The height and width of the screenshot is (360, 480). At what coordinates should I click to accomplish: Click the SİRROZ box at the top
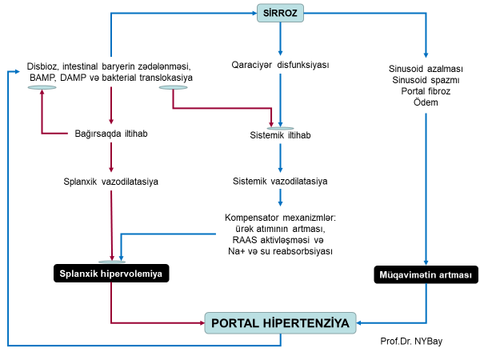point(280,14)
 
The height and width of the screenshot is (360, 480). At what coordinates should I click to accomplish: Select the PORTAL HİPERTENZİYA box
point(281,323)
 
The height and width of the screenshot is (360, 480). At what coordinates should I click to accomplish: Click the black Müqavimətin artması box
point(425,276)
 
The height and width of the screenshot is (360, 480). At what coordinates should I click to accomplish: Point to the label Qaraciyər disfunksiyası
point(280,64)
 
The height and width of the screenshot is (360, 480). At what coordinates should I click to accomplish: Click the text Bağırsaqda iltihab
point(110,133)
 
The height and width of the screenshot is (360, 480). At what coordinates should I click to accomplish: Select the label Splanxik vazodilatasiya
point(110,182)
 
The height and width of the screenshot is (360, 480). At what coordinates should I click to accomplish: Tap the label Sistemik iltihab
point(280,135)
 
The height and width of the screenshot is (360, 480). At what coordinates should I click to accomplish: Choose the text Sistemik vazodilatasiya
point(280,182)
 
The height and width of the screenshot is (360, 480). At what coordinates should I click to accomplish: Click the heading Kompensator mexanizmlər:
point(280,217)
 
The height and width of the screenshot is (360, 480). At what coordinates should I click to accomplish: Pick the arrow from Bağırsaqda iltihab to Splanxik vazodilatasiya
point(110,157)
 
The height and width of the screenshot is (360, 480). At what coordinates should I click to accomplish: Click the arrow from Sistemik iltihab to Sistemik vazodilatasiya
point(280,158)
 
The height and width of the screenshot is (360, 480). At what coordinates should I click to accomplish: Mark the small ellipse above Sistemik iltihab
point(280,127)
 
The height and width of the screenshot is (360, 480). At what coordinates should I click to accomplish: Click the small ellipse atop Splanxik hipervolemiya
point(111,262)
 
